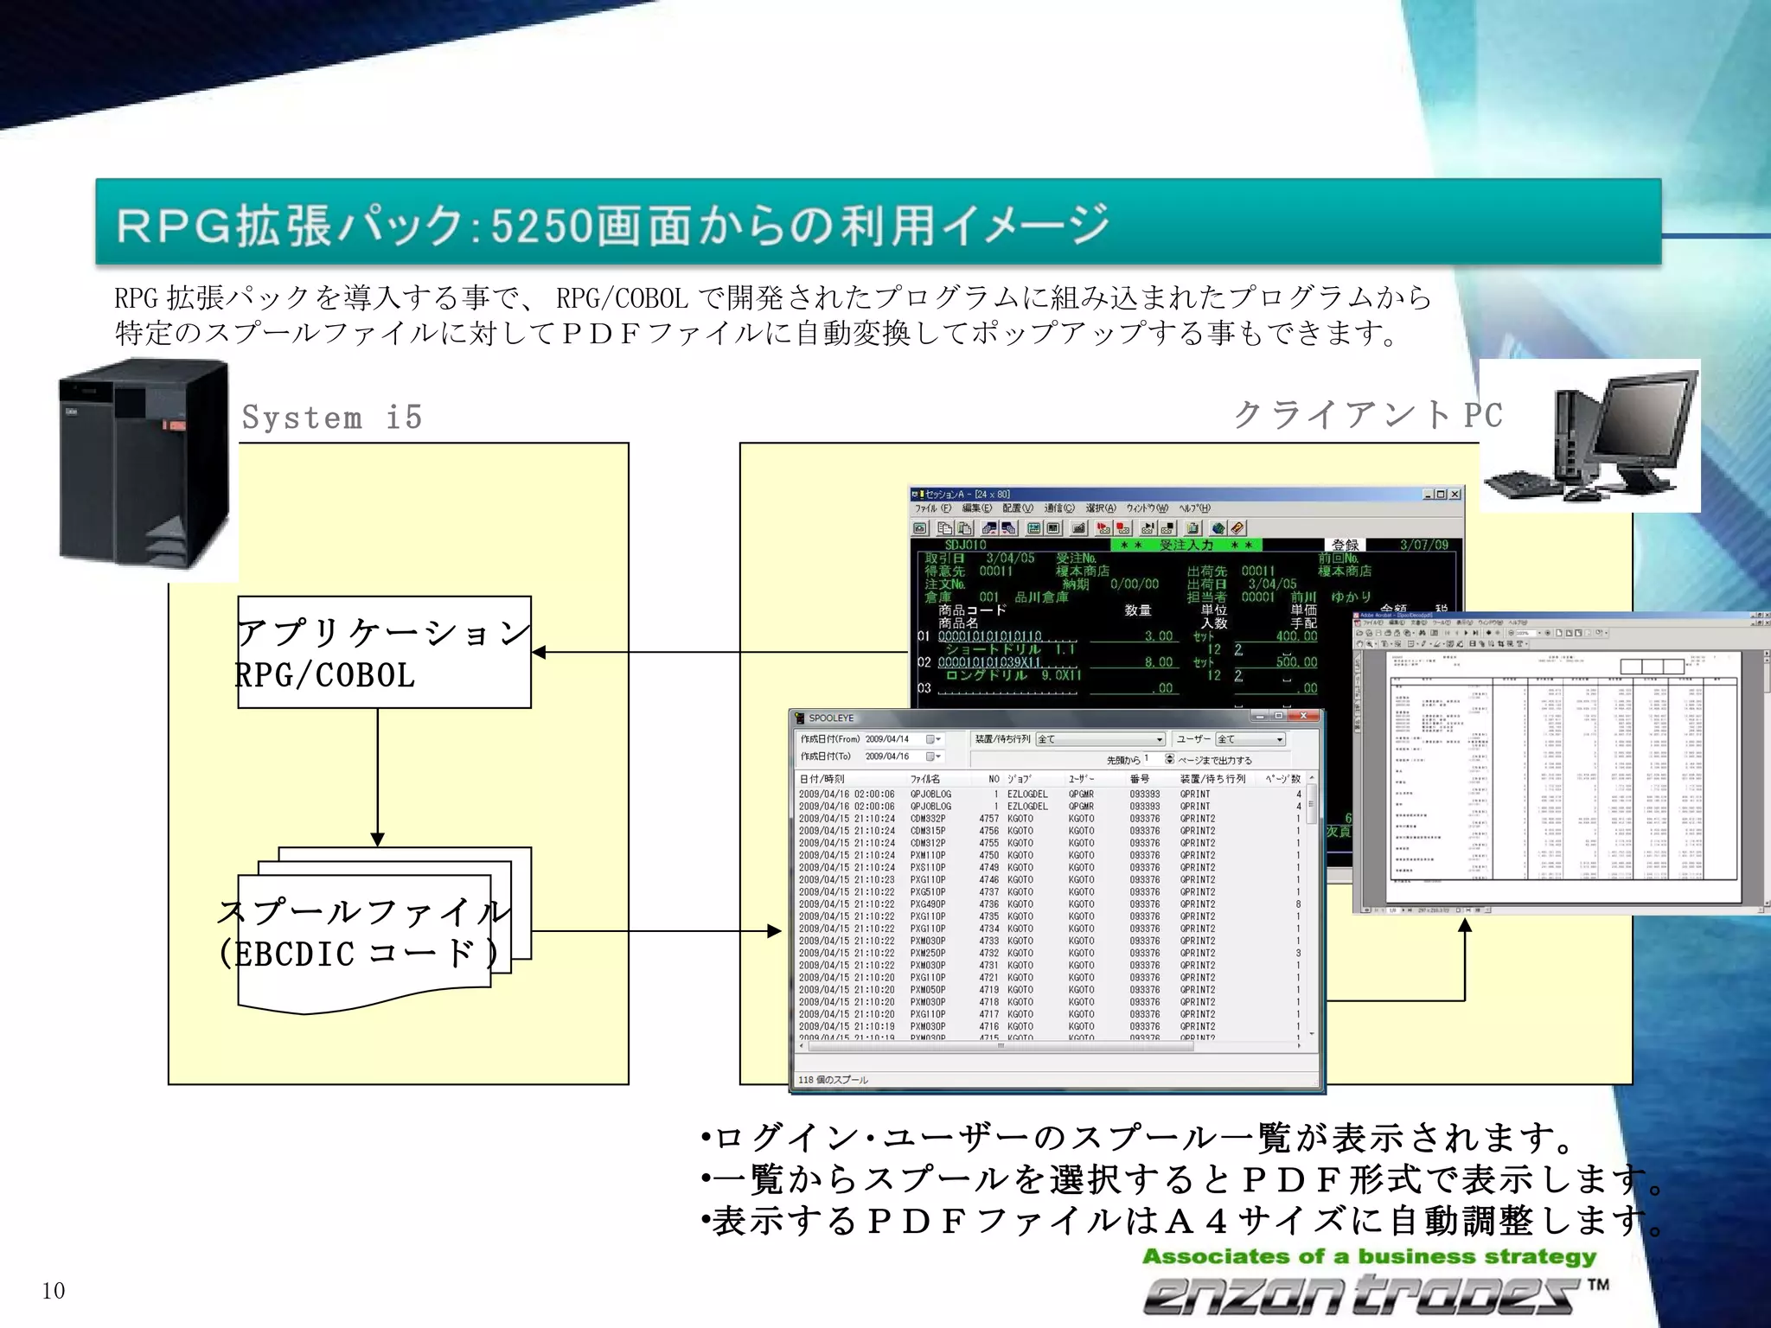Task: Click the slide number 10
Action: [x=54, y=1291]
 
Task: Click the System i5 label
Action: [x=332, y=418]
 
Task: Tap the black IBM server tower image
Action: [x=144, y=463]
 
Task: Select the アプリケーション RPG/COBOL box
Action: [x=384, y=653]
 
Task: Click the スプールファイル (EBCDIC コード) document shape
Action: [x=363, y=934]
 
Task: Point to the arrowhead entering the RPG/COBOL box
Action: [x=540, y=652]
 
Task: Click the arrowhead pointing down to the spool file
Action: [x=377, y=839]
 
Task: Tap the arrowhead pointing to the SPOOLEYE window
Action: [x=774, y=931]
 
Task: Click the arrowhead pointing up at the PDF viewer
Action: [x=1464, y=925]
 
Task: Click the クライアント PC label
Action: [x=1367, y=415]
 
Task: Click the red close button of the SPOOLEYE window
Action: [x=1303, y=716]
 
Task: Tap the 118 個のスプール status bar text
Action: [x=833, y=1080]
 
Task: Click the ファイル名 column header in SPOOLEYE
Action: [x=924, y=779]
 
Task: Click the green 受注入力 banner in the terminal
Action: [x=1186, y=545]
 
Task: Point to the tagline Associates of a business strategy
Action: [x=1369, y=1256]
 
